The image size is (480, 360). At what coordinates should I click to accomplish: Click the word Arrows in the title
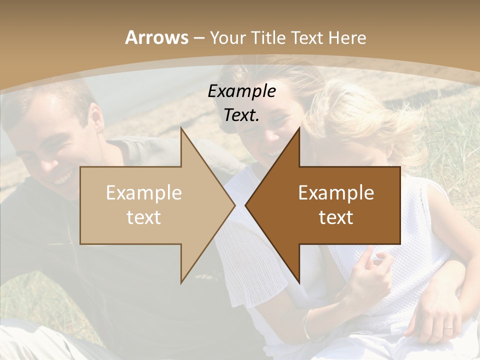point(156,37)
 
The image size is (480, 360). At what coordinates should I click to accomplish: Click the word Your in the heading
point(227,37)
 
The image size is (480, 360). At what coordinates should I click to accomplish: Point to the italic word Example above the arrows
point(241,91)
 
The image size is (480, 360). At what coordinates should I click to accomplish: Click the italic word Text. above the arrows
point(241,115)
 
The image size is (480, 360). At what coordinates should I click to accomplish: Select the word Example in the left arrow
point(143,192)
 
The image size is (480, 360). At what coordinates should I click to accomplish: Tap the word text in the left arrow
point(143,217)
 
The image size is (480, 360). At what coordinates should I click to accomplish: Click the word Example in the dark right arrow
point(336,192)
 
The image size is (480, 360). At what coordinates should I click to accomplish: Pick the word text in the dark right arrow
point(336,217)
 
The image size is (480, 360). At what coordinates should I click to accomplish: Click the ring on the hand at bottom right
point(448,328)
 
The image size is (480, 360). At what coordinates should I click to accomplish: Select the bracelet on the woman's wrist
point(306,325)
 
